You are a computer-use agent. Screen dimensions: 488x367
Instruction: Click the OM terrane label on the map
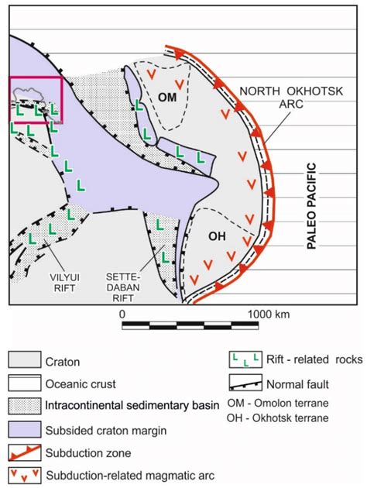point(167,97)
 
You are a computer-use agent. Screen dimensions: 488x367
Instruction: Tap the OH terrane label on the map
point(218,237)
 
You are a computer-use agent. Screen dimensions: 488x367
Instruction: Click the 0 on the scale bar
point(122,314)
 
